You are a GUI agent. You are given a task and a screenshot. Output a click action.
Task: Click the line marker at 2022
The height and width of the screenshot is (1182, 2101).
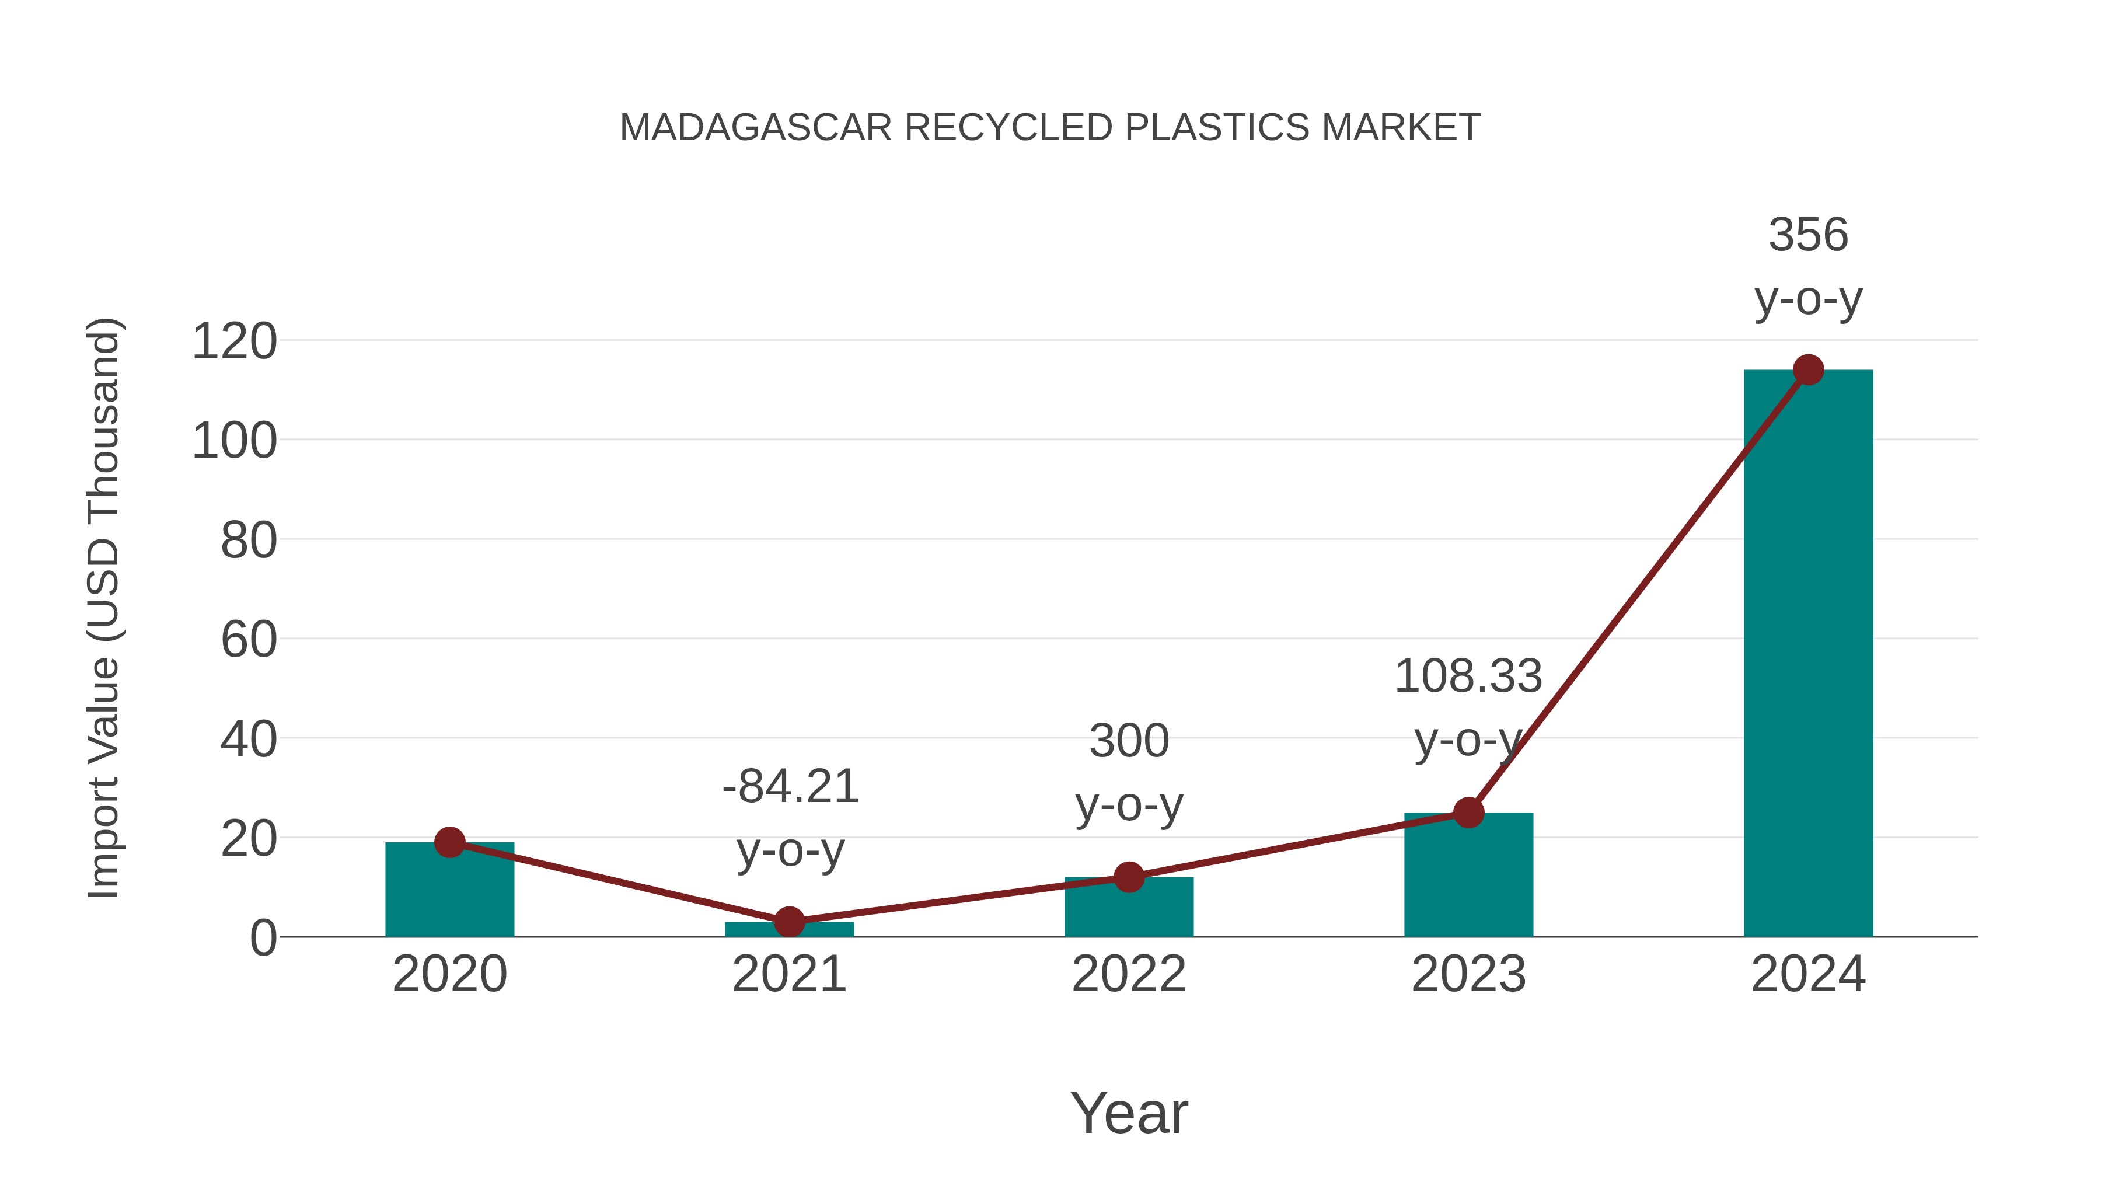pos(1128,878)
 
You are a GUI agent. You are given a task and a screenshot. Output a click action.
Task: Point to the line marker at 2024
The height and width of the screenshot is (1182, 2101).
pos(1808,369)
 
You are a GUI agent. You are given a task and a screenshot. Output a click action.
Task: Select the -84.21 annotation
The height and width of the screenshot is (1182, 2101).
pos(790,787)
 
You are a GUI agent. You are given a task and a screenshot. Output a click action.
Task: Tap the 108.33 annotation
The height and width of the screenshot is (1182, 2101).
pos(1468,677)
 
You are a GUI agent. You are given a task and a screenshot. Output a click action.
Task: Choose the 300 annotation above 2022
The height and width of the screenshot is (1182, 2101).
pos(1129,741)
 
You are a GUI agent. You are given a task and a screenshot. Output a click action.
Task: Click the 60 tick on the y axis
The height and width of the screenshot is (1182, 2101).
pos(249,640)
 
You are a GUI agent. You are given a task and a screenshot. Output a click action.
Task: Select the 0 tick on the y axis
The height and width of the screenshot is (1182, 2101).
pos(263,938)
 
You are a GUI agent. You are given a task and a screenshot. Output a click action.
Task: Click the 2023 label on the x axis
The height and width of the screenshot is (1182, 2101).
pos(1468,974)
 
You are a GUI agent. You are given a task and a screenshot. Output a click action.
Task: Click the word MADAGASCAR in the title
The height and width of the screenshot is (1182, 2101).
pos(755,128)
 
